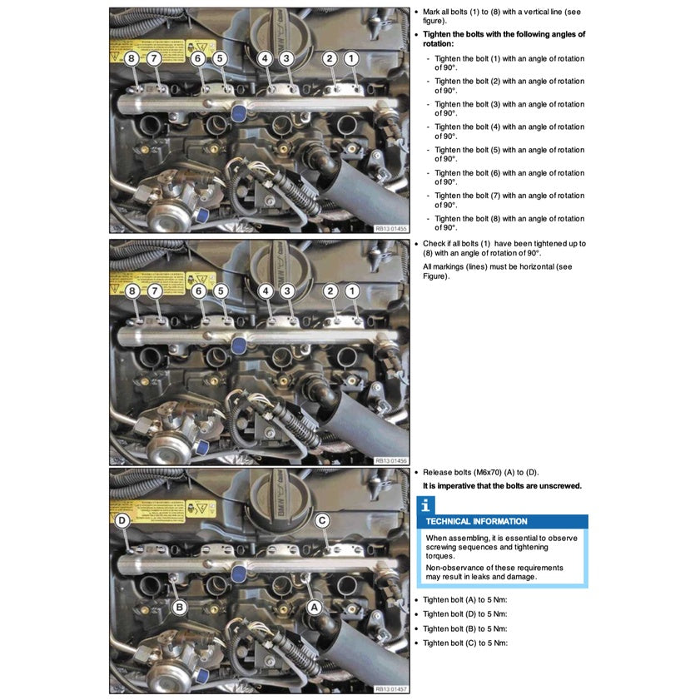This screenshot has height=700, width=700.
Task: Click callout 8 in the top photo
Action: tap(132, 58)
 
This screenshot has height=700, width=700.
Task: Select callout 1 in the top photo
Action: tap(351, 58)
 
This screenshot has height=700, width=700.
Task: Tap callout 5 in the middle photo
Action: tap(220, 290)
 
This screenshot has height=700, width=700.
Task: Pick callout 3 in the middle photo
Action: tap(286, 290)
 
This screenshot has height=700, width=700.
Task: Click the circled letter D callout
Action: tap(122, 520)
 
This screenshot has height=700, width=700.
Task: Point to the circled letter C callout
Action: tap(322, 520)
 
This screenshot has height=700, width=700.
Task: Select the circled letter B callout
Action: tap(179, 607)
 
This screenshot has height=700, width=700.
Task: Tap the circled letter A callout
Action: tap(315, 607)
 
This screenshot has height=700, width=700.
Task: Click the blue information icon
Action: tap(425, 504)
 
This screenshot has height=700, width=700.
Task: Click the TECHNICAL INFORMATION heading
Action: tap(476, 522)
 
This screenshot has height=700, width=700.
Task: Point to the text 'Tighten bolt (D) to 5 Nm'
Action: tap(464, 614)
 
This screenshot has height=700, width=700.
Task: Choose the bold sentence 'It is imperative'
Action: tap(502, 486)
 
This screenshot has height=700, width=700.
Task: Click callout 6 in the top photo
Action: tap(198, 58)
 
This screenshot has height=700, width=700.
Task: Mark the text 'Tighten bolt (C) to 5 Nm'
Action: tap(464, 643)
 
